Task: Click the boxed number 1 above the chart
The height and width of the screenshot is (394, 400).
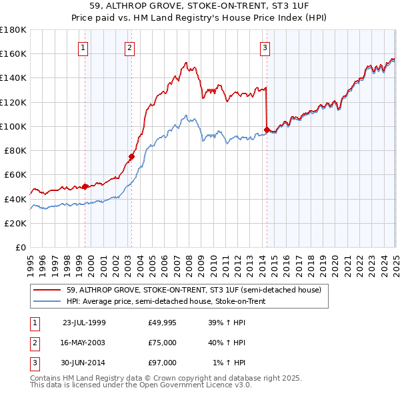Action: coord(83,47)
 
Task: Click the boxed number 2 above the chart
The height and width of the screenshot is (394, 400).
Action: coord(129,47)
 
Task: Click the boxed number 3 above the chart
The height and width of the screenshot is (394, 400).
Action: coord(265,47)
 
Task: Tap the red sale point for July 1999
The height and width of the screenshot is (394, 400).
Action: coord(85,187)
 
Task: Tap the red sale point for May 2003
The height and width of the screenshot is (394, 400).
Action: coord(132,157)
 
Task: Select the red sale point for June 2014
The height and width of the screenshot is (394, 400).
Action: coord(267,130)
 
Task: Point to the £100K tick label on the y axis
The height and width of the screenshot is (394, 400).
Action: coord(13,126)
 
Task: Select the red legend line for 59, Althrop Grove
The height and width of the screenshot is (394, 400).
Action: coord(48,290)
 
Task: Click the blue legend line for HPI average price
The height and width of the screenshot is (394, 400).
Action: coord(48,301)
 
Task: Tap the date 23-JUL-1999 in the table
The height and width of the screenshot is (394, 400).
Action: coord(84,323)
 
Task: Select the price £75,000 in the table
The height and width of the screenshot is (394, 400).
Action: coord(163,343)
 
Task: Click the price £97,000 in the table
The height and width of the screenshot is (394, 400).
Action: coord(163,363)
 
